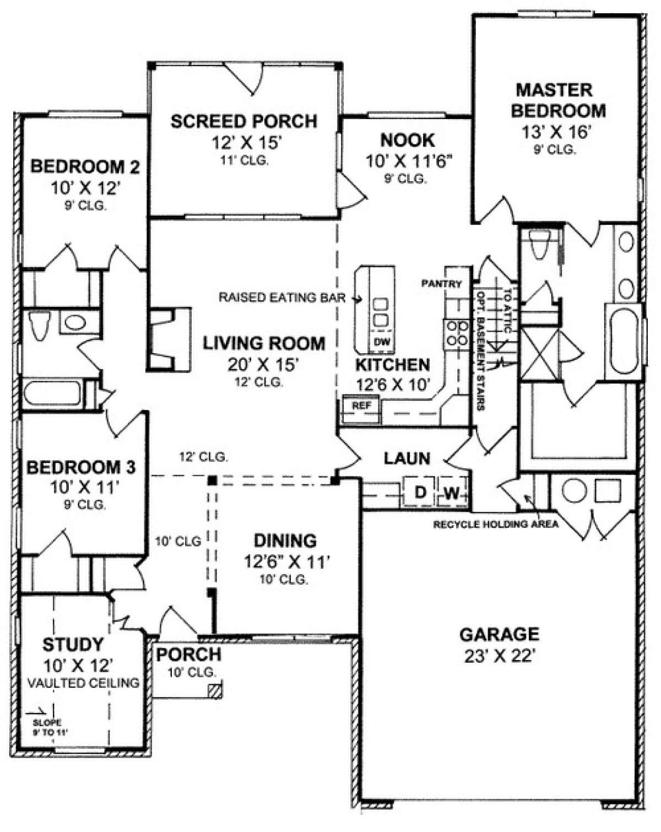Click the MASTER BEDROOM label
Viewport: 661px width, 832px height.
click(557, 100)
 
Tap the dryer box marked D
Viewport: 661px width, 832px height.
click(420, 492)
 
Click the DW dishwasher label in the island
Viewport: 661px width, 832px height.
click(381, 342)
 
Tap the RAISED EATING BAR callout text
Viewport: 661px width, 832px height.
click(282, 298)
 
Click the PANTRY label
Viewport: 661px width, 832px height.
click(441, 284)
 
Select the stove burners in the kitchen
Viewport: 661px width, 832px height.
click(457, 333)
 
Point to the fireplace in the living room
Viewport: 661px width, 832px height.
click(165, 339)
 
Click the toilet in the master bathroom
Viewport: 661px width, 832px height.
click(538, 243)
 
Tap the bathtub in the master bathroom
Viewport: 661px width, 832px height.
click(623, 342)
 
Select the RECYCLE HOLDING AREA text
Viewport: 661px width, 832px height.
click(495, 524)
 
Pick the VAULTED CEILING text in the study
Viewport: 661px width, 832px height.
click(83, 683)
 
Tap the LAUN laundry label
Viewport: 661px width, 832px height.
click(407, 458)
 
